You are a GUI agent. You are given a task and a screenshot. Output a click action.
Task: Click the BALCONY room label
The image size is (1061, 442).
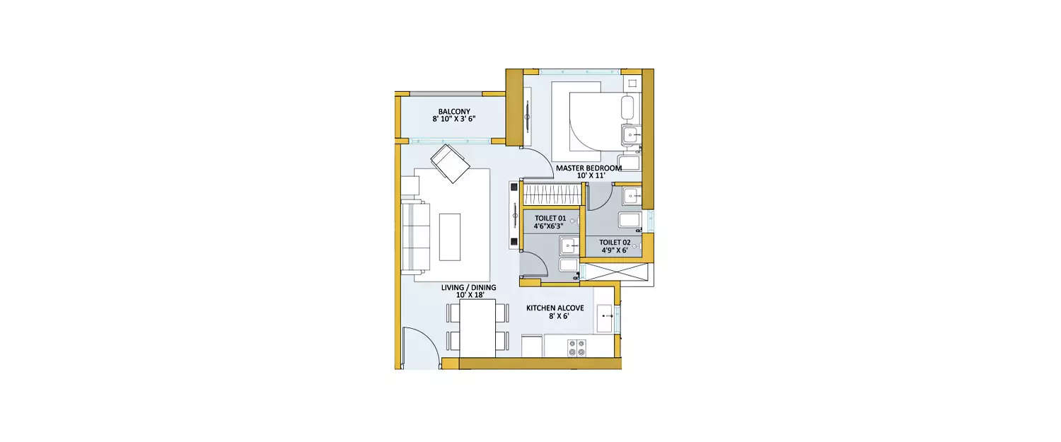click(x=453, y=111)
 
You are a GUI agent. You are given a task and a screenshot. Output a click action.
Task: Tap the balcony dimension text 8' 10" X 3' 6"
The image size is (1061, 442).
click(x=453, y=120)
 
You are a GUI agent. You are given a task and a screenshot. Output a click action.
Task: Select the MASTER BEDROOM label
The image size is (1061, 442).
click(x=589, y=168)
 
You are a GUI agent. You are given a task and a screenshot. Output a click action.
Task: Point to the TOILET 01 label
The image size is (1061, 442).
click(x=550, y=219)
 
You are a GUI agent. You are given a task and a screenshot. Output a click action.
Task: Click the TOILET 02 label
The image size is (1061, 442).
click(x=614, y=242)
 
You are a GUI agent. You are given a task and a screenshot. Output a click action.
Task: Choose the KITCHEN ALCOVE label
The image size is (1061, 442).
click(x=555, y=308)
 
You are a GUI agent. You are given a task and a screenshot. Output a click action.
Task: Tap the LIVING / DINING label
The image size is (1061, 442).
click(x=468, y=288)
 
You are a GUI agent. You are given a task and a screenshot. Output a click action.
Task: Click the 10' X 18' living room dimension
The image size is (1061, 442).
click(x=468, y=296)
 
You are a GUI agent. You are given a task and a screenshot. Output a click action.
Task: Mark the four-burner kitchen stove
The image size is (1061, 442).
click(x=576, y=347)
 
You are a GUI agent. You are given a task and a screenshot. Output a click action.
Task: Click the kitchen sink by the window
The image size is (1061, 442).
click(x=606, y=318)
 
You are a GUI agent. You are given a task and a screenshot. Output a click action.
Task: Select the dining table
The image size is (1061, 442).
click(x=477, y=328)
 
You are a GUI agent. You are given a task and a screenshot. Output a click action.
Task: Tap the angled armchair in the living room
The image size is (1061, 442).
click(x=450, y=163)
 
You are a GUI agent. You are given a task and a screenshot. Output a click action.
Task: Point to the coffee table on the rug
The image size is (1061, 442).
click(x=449, y=237)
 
